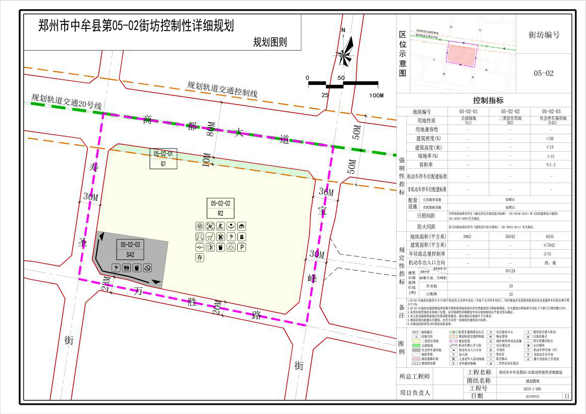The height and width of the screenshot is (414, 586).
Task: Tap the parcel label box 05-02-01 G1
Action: click(163, 158)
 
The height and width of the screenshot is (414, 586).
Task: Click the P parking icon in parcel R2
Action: click(242, 247)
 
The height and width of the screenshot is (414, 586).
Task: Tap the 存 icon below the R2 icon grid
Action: click(200, 258)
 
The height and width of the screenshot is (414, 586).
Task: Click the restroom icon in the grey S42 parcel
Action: click(126, 268)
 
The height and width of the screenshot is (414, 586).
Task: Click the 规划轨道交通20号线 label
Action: click(67, 101)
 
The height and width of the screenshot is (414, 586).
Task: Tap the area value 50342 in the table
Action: click(510, 236)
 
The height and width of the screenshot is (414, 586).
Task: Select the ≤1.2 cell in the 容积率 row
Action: click(550, 164)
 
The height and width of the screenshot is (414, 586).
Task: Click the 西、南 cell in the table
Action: click(550, 262)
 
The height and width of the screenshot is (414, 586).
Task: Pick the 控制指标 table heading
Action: click(488, 100)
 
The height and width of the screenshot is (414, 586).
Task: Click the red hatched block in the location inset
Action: click(461, 53)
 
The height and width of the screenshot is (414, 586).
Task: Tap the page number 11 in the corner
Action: click(567, 396)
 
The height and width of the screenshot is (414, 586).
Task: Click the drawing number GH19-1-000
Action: click(532, 388)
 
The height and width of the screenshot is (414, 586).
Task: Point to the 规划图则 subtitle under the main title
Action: click(270, 42)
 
